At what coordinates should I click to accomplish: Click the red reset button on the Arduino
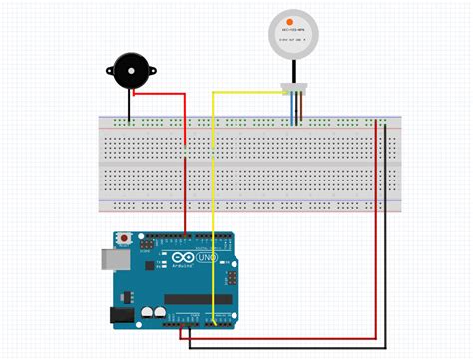tap(123, 239)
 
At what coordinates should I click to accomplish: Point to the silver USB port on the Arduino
tap(111, 259)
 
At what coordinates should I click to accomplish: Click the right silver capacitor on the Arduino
tap(160, 312)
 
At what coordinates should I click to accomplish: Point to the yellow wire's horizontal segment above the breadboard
tap(249, 92)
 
